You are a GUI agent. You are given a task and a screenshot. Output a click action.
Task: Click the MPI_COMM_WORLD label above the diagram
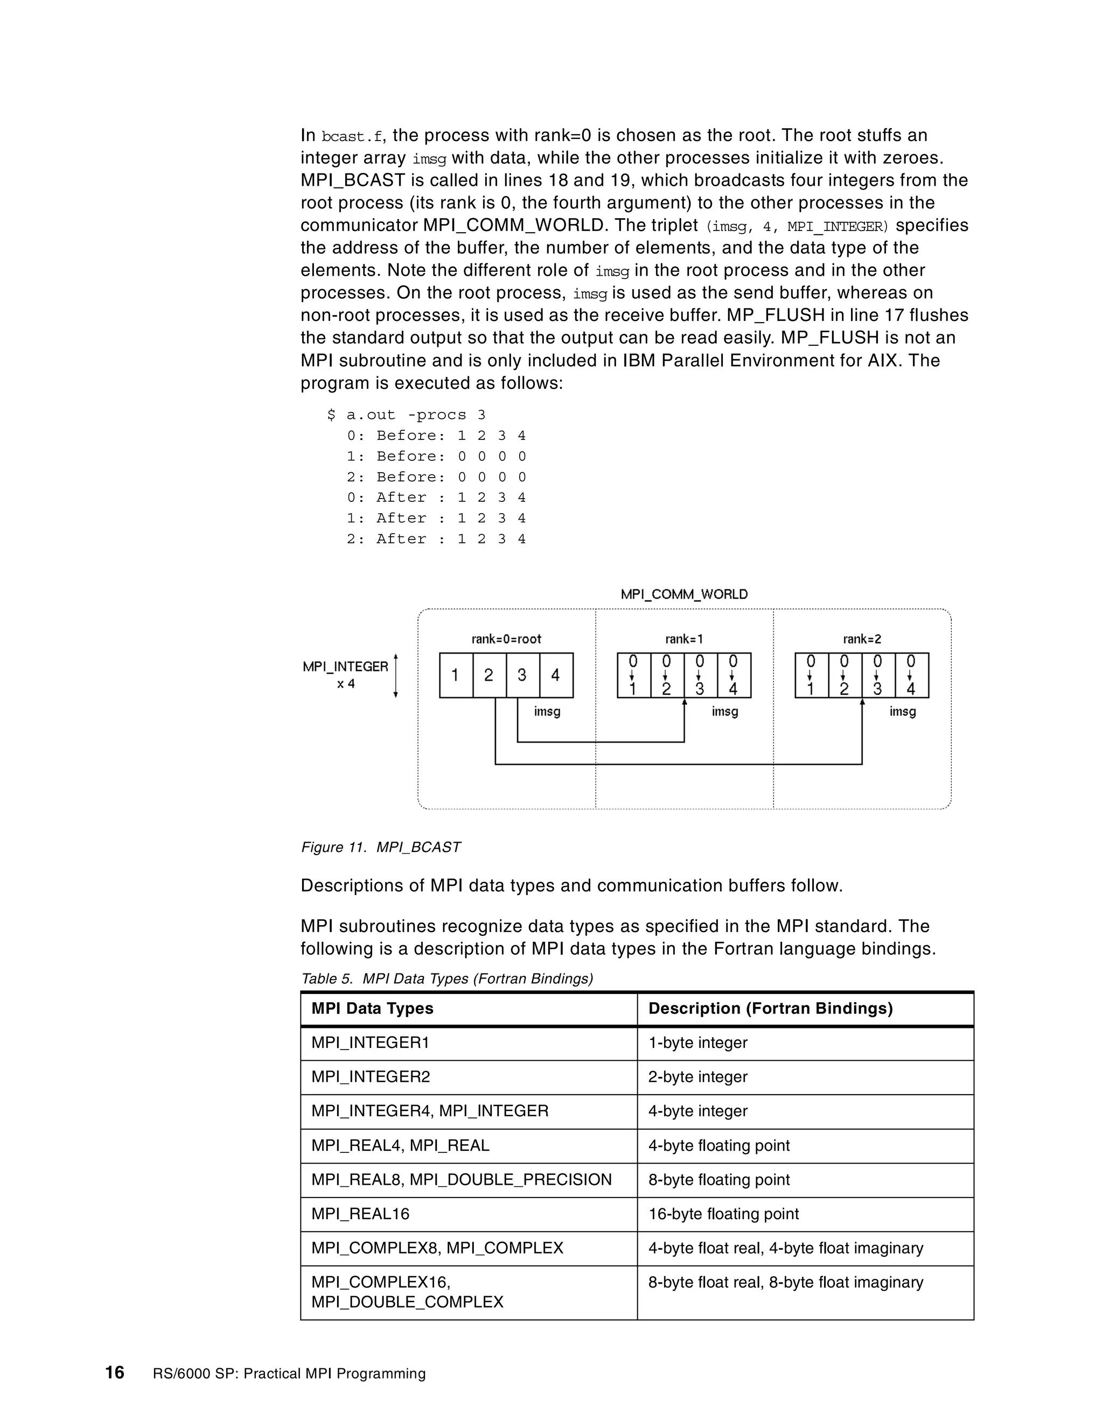[683, 594]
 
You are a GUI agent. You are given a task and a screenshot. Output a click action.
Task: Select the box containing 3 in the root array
[522, 675]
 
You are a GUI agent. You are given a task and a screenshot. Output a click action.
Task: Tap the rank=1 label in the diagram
[684, 639]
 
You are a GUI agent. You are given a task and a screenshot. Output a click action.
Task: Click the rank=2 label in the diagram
[862, 639]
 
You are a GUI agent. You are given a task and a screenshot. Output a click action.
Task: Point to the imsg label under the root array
[547, 711]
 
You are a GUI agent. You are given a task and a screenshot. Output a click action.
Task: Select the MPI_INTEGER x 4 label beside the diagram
[346, 675]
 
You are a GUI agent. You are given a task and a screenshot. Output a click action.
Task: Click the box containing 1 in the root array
[456, 675]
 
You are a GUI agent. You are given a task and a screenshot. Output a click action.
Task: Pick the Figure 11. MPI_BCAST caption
[380, 848]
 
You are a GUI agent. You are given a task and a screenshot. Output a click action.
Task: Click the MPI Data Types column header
[373, 1008]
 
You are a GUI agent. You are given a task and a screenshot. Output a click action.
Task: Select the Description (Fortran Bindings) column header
[770, 1008]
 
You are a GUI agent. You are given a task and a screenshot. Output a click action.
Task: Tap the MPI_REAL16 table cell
[360, 1214]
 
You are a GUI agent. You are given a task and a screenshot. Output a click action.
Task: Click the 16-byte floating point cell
[723, 1214]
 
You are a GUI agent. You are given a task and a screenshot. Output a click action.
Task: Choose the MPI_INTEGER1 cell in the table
[370, 1043]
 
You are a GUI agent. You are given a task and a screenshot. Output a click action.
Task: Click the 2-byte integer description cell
[697, 1077]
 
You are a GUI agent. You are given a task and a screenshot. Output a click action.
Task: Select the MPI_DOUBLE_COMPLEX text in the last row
[407, 1302]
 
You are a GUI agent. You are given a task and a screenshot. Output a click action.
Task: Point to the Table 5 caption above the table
[446, 979]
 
